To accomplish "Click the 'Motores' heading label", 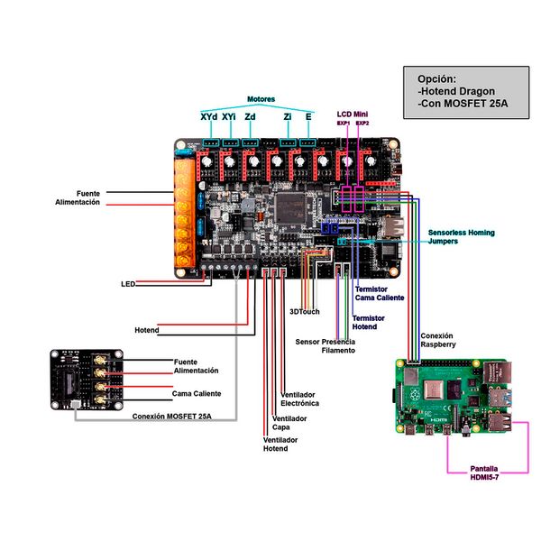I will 261,98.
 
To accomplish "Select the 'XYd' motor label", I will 208,116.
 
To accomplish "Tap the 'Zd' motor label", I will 251,116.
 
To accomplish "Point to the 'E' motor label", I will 308,116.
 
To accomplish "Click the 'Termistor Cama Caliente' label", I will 380,293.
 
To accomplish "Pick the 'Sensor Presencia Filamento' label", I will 325,346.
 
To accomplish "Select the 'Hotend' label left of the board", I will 147,330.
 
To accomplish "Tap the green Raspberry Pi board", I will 451,398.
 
